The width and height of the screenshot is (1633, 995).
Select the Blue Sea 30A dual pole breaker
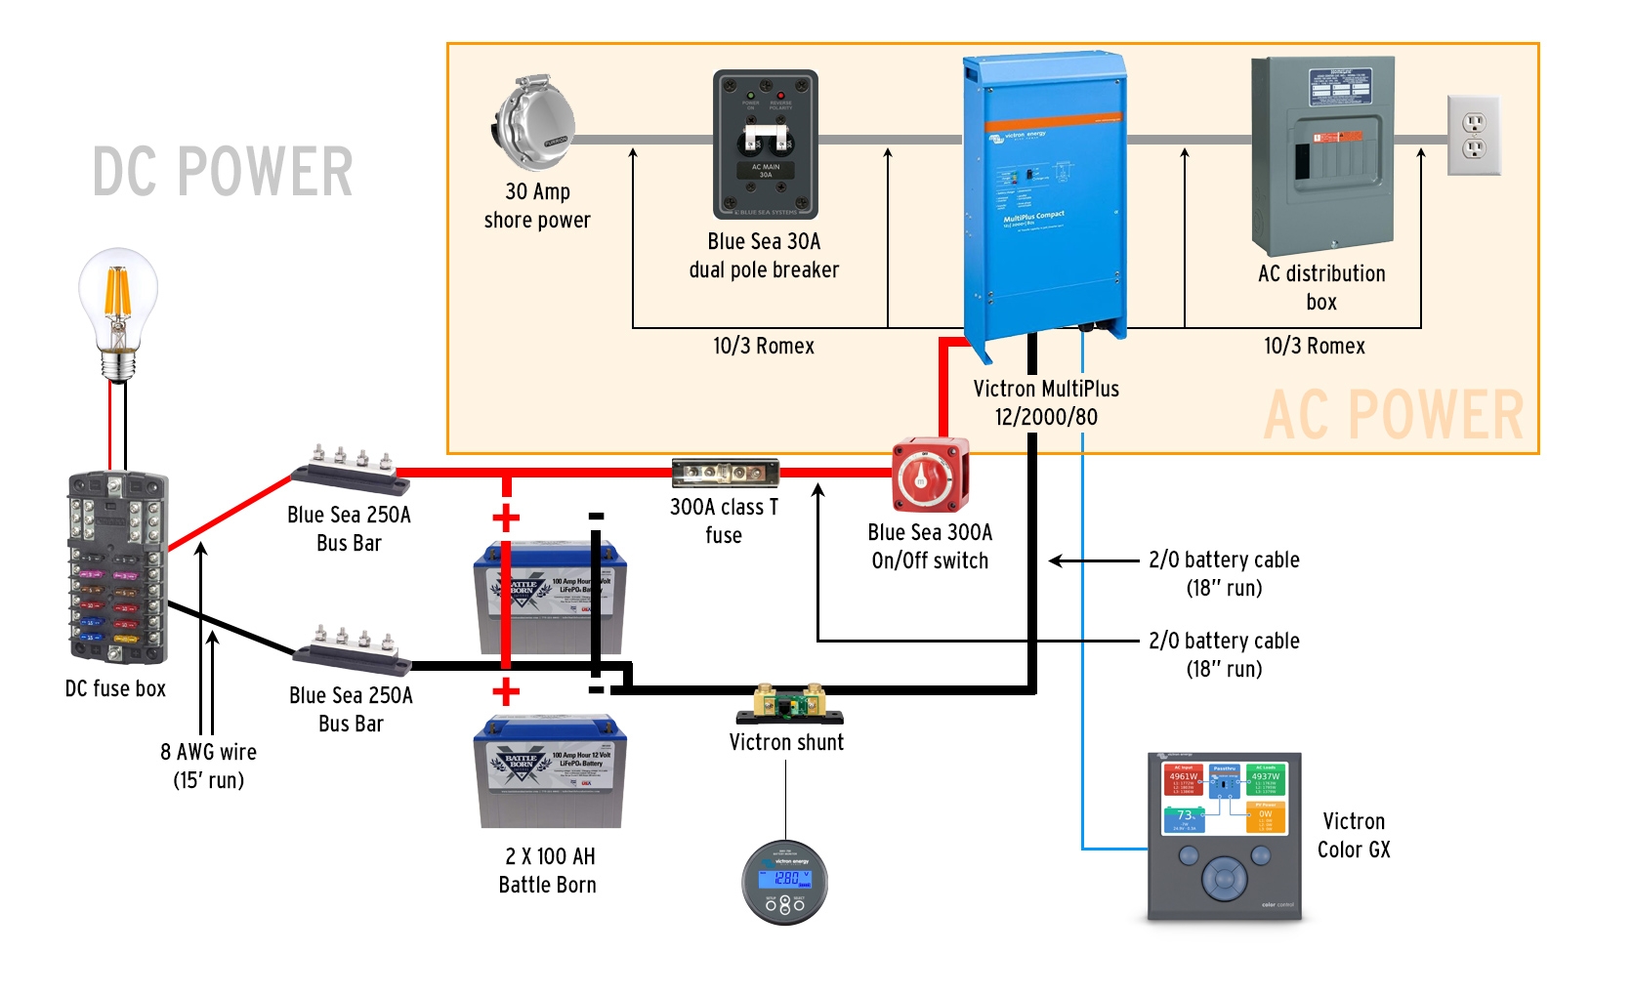pyautogui.click(x=765, y=145)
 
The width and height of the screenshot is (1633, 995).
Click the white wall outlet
pyautogui.click(x=1473, y=136)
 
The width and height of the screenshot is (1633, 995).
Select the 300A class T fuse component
pyautogui.click(x=725, y=474)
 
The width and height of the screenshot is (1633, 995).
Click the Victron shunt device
pyautogui.click(x=788, y=702)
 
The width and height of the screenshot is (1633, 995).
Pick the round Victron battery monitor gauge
pyautogui.click(x=785, y=882)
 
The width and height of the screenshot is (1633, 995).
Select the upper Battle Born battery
pyautogui.click(x=550, y=598)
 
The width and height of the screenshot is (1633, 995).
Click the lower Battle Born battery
pyautogui.click(x=549, y=771)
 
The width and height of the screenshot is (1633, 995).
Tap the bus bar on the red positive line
pyautogui.click(x=352, y=468)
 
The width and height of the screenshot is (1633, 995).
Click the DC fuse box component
pyautogui.click(x=117, y=567)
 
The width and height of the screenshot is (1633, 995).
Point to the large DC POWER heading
pyautogui.click(x=223, y=172)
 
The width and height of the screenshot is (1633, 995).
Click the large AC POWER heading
pyautogui.click(x=1393, y=415)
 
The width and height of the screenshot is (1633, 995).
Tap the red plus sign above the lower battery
pyautogui.click(x=505, y=692)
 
